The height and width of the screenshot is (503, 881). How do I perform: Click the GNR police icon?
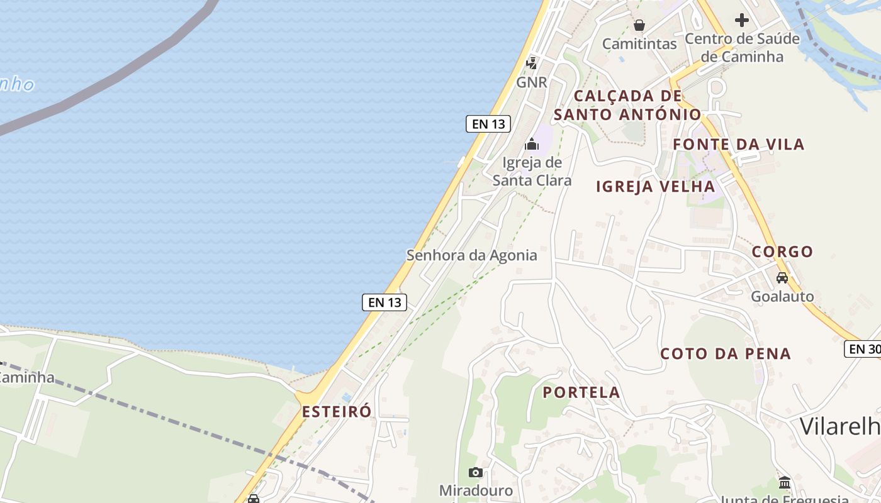pos(532,62)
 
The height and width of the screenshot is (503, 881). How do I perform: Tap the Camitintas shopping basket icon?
pos(639,25)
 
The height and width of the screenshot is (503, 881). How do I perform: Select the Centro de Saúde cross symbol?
pos(742,20)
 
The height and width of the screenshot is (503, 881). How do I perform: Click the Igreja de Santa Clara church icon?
pos(532,145)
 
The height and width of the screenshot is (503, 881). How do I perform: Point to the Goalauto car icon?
pos(782,277)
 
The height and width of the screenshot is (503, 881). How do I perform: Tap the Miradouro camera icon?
pos(476,472)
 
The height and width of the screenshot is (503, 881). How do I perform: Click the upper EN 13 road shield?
pos(488,124)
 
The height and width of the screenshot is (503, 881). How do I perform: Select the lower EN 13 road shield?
pos(384,302)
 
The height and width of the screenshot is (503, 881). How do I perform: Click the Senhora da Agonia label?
pos(471,255)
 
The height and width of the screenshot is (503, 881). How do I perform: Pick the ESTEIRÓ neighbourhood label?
pos(337,412)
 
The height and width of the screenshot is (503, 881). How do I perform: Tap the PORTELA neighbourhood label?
pos(581,392)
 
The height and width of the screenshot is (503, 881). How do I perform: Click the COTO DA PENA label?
pos(726,353)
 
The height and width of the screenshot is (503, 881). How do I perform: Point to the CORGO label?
pos(783,251)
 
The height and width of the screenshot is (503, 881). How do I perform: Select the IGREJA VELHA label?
pos(655,186)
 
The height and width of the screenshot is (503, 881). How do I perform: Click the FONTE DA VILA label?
pos(739,144)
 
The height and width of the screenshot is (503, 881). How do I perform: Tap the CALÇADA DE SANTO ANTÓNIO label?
pos(627,105)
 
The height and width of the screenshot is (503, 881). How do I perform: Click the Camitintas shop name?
pos(639,43)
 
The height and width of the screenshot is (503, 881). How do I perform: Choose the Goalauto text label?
pos(782,296)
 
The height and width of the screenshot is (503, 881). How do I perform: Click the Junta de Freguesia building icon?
pos(785,483)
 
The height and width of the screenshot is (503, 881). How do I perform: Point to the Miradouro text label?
pos(476,490)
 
